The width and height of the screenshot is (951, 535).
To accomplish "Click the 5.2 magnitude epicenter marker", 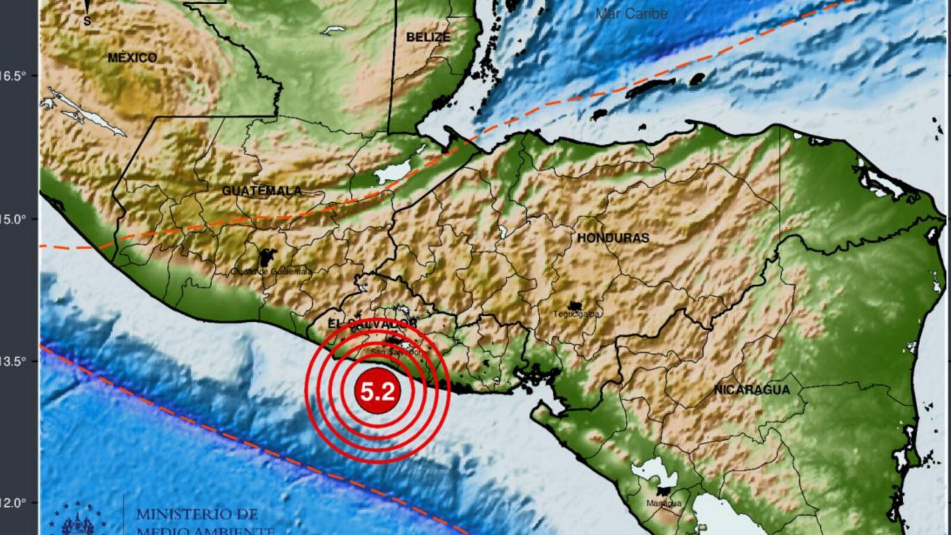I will point(377,392).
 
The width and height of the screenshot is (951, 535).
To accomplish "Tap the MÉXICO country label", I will point(133,58).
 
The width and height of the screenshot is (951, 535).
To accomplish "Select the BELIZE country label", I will point(428,37).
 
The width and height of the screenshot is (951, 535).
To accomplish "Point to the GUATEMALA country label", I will point(262,191).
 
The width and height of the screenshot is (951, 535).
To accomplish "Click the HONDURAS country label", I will point(613,238).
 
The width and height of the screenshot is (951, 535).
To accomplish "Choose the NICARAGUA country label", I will point(752,390).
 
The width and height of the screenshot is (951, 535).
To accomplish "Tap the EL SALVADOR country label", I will point(372,324).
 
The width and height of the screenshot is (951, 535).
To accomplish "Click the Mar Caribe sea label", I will point(631,13).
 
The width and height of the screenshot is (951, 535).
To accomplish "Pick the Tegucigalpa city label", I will point(577,314).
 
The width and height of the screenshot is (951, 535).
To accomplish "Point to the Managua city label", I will point(664,503).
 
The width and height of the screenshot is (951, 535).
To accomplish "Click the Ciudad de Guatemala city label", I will point(271,271).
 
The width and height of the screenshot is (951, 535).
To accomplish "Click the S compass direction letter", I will point(87,21).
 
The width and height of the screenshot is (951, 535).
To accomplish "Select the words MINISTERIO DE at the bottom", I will point(197,514).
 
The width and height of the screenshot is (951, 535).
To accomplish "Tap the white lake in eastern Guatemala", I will point(393,173).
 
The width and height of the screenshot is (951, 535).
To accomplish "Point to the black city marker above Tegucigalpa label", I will point(574,305).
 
